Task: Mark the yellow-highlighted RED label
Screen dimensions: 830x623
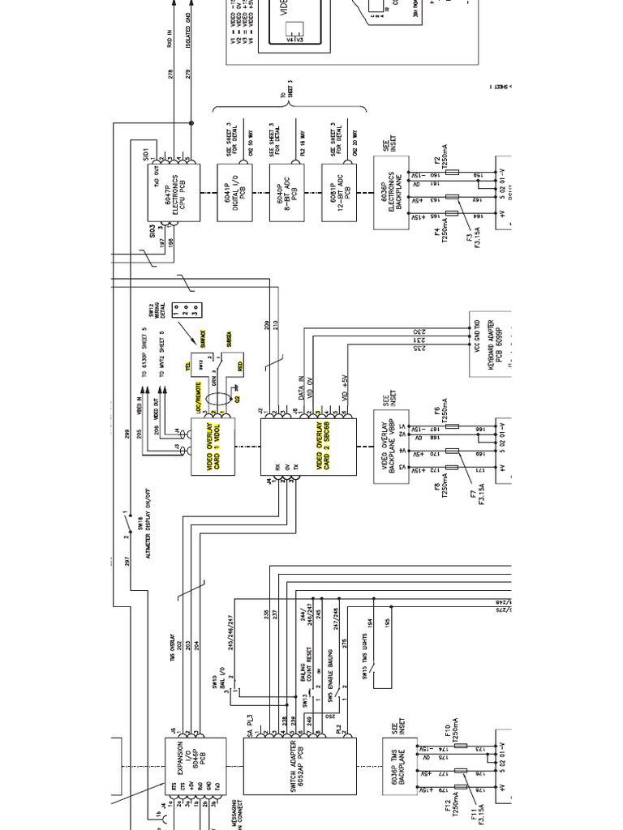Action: [241, 366]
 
